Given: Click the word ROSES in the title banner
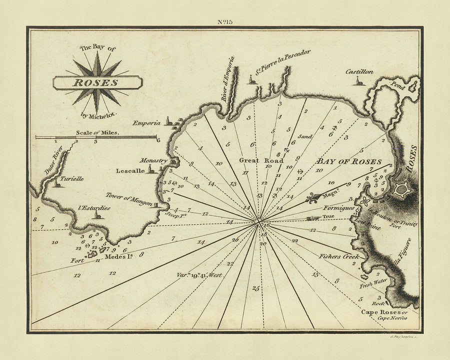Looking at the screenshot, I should click(97, 83).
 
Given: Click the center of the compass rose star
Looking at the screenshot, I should click(97, 83).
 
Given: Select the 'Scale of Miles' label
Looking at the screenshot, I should click(96, 132).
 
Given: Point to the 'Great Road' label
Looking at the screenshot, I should click(261, 160).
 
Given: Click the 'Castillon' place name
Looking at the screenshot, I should click(359, 71).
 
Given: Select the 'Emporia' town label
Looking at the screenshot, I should click(146, 122).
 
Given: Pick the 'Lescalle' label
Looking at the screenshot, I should click(130, 170).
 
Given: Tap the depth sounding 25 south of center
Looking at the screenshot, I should click(256, 288).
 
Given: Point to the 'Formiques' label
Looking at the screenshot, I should click(339, 207).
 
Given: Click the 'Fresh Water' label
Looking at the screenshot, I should click(373, 281).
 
